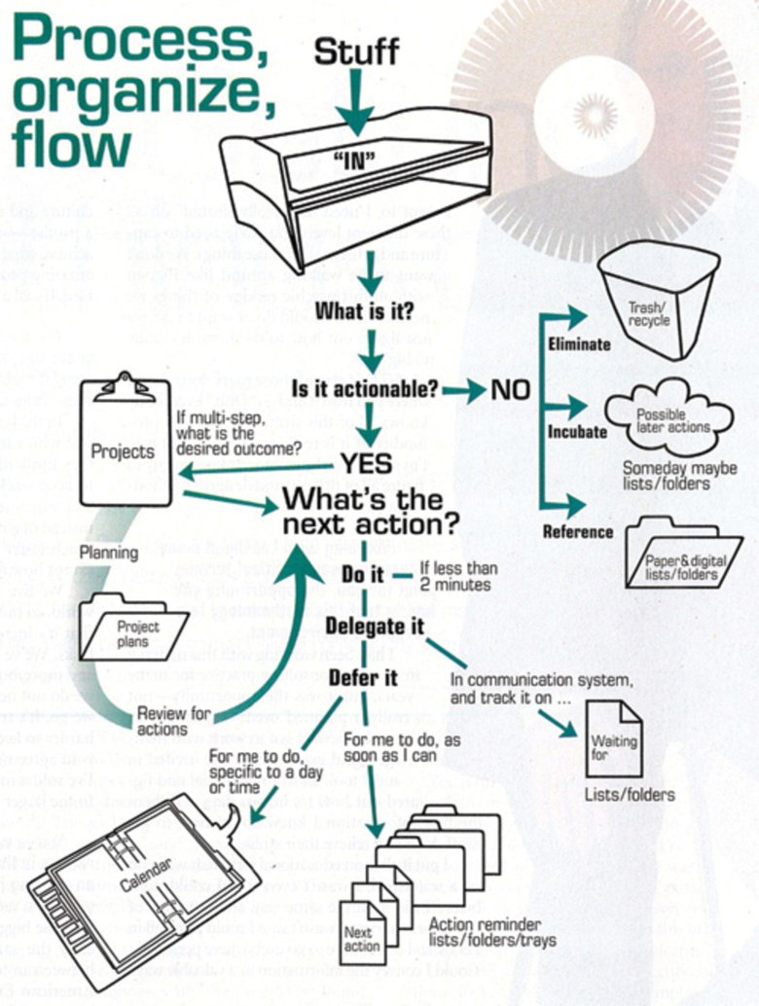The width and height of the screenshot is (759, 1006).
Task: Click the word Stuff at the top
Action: tap(356, 50)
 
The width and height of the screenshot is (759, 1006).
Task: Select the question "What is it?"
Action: tap(363, 312)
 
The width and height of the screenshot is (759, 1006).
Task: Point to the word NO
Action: tap(510, 390)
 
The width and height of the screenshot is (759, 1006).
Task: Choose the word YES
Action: tap(366, 463)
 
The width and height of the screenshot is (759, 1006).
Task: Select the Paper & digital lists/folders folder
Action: tap(682, 554)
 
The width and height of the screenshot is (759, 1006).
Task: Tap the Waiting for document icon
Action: tap(613, 739)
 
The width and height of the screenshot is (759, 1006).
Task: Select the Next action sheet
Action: tap(361, 935)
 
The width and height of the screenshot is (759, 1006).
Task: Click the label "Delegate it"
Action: tap(376, 627)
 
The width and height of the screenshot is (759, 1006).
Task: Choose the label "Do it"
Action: tap(362, 574)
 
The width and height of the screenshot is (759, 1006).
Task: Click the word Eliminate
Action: tap(579, 343)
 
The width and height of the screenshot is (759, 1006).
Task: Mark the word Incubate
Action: tap(577, 431)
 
